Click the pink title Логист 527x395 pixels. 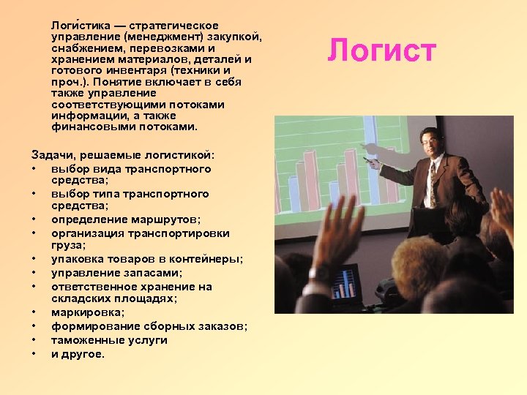point(381,51)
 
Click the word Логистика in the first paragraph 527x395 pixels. point(78,26)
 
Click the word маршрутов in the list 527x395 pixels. point(173,219)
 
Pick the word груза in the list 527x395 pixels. point(68,247)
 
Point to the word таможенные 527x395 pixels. point(84,340)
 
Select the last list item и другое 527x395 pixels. point(78,354)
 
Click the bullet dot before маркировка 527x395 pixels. point(35,313)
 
